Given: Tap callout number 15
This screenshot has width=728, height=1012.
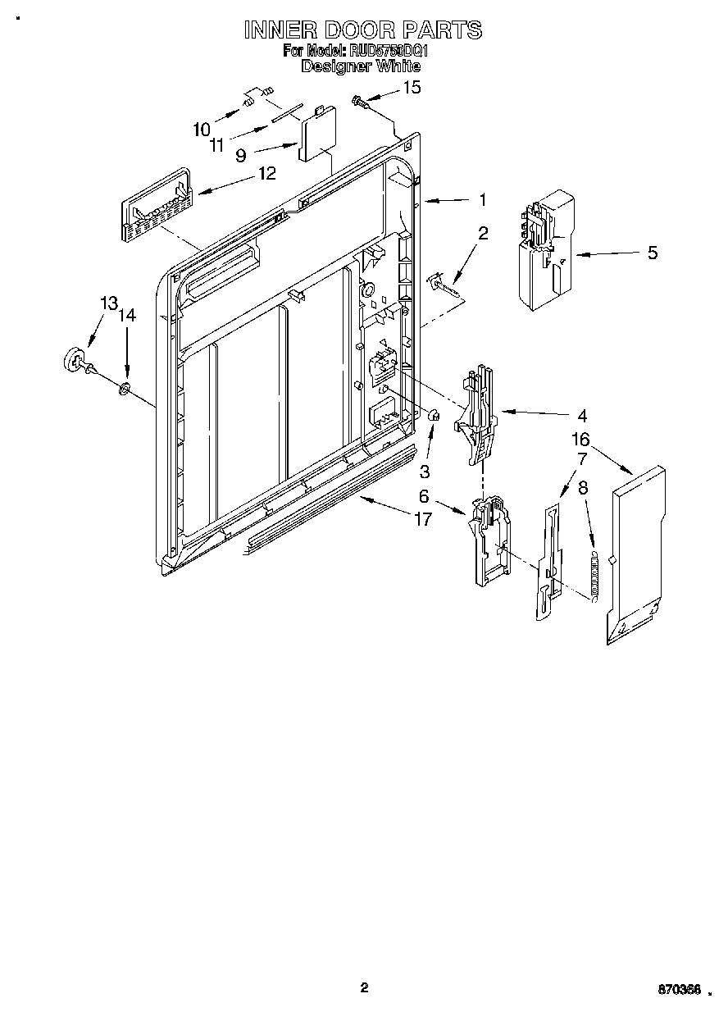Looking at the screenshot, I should point(412,87).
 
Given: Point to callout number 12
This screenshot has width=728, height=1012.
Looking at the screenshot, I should point(266,173).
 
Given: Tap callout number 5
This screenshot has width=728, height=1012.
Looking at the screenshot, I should point(652,253).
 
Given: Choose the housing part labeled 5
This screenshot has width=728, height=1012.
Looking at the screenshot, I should point(544,250).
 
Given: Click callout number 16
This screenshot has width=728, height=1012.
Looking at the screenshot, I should point(580,440).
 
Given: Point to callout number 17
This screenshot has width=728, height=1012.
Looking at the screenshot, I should point(423,519).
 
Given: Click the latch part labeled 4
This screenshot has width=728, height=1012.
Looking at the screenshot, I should point(475,414).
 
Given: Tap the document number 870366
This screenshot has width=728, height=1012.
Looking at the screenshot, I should point(678,991).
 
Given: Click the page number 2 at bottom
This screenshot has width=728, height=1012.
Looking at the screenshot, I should point(364,987).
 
